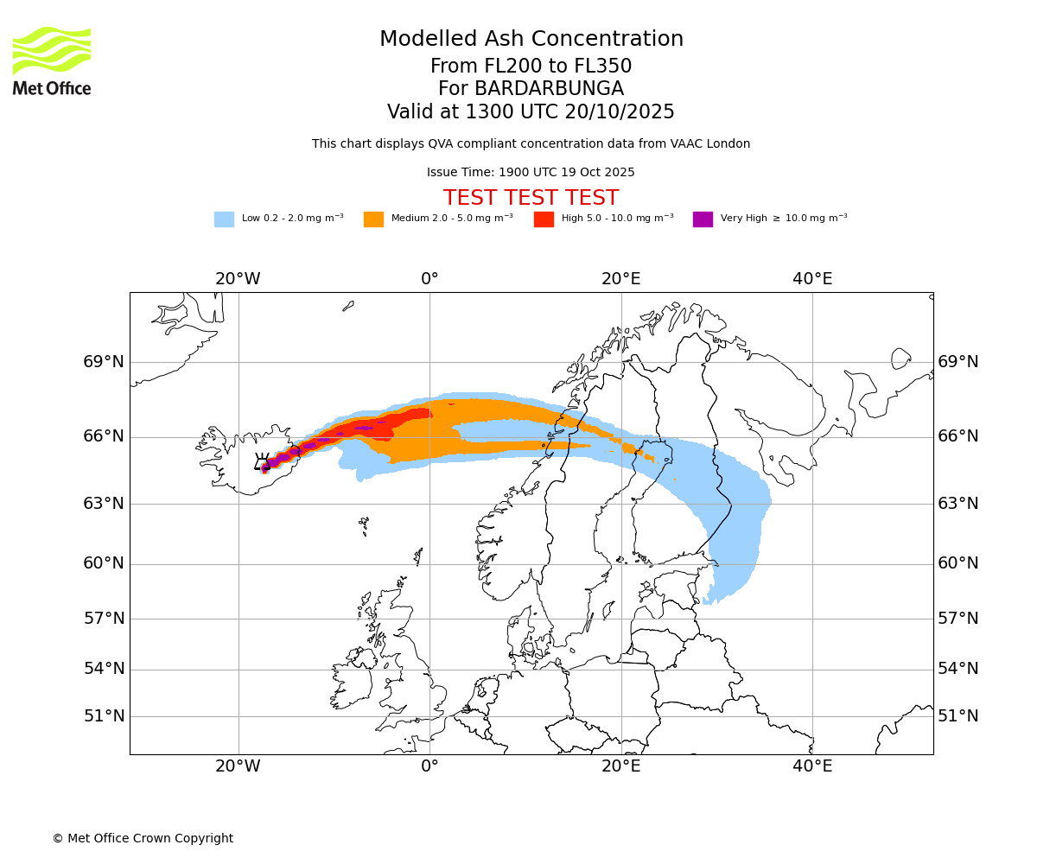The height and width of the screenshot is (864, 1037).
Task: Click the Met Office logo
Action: pyautogui.click(x=52, y=60)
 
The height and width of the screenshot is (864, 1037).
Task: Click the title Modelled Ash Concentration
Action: pyautogui.click(x=531, y=39)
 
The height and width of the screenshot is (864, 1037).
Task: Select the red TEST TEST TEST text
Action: pyautogui.click(x=531, y=198)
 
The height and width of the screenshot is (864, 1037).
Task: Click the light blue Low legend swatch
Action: pyautogui.click(x=224, y=219)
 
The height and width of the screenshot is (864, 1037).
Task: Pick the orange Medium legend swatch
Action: pyautogui.click(x=373, y=219)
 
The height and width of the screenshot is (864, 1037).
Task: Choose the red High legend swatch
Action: pyautogui.click(x=544, y=219)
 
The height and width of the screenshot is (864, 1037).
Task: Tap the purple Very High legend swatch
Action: pyautogui.click(x=703, y=219)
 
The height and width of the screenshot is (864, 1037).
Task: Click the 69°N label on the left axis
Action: pyautogui.click(x=104, y=362)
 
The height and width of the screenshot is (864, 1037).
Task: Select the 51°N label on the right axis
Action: pyautogui.click(x=958, y=716)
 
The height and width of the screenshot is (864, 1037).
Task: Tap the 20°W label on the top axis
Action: pyautogui.click(x=238, y=279)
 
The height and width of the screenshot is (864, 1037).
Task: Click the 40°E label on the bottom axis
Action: pyautogui.click(x=812, y=766)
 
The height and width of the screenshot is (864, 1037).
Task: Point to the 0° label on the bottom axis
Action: pyautogui.click(x=429, y=766)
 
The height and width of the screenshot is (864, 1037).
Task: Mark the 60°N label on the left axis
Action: pyautogui.click(x=104, y=563)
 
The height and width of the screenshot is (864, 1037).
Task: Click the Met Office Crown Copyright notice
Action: pyautogui.click(x=143, y=838)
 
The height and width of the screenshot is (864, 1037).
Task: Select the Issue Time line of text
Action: pyautogui.click(x=531, y=172)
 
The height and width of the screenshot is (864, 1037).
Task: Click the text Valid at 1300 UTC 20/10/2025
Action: pyautogui.click(x=531, y=112)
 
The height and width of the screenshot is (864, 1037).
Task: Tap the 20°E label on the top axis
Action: pyautogui.click(x=620, y=279)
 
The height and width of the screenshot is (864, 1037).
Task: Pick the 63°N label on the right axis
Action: pyautogui.click(x=958, y=504)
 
